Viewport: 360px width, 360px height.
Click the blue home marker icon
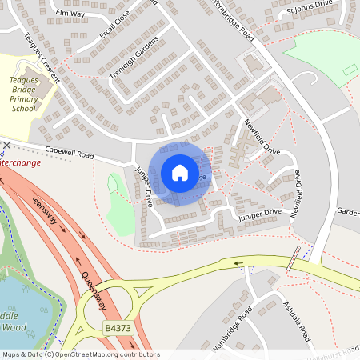click(180, 172)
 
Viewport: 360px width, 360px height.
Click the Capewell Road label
click(70, 150)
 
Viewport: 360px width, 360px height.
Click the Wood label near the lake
click(14, 328)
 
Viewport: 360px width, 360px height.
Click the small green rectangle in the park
click(349, 70)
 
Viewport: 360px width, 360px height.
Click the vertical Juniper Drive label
click(144, 186)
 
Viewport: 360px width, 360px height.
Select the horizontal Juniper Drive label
click(258, 213)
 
